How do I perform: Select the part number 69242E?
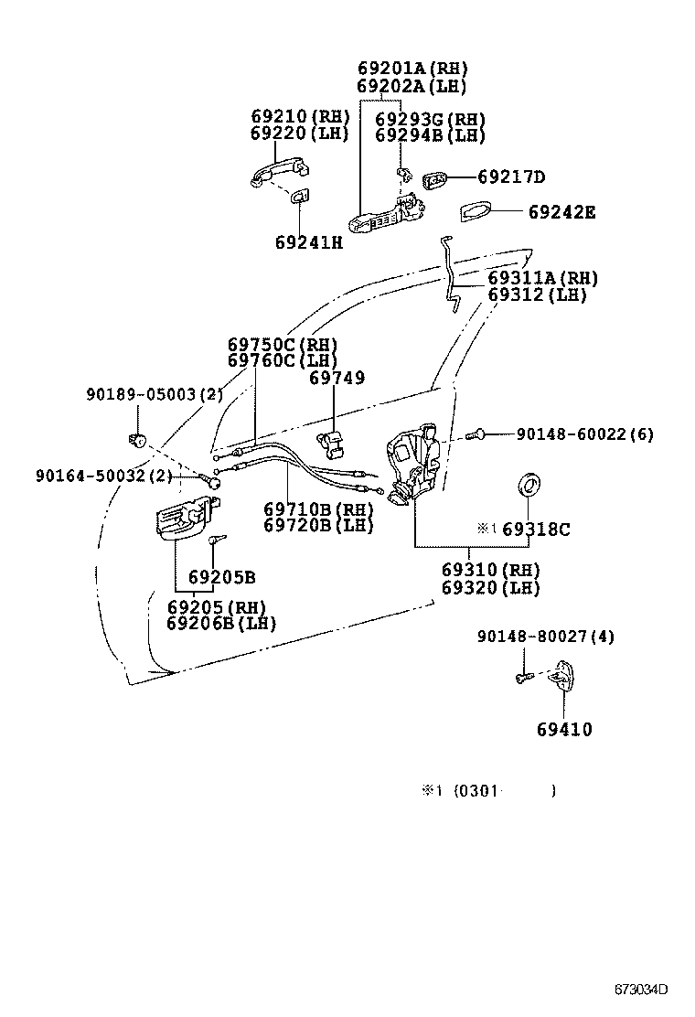coord(561,212)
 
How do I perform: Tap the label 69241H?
coord(308,242)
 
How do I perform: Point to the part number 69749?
coord(337,378)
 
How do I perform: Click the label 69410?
coord(563,730)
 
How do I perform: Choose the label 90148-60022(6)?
coord(584,434)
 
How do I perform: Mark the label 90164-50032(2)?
coord(103,476)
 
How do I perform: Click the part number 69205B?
coord(221,577)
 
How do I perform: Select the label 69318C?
coord(536,530)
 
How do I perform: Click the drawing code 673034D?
coord(640,990)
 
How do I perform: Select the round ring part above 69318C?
coord(529,484)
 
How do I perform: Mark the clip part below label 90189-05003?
coord(139,440)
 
